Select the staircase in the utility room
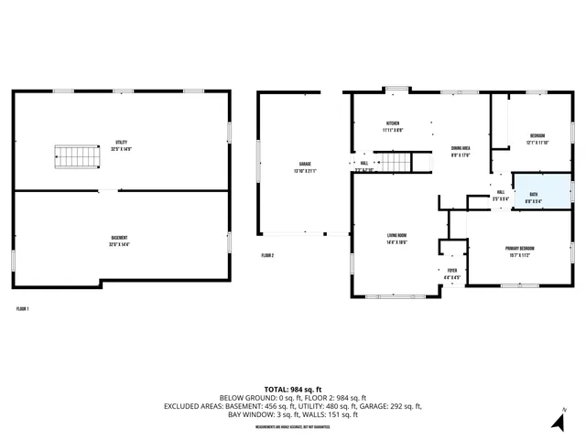(x=73, y=157)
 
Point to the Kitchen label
(x=392, y=125)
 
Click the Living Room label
(x=396, y=237)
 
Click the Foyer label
(x=451, y=273)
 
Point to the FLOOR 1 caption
(x=23, y=309)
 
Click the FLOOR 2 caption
(x=267, y=255)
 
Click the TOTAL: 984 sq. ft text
(x=292, y=389)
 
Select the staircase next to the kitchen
(x=394, y=163)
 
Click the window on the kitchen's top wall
(x=396, y=89)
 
